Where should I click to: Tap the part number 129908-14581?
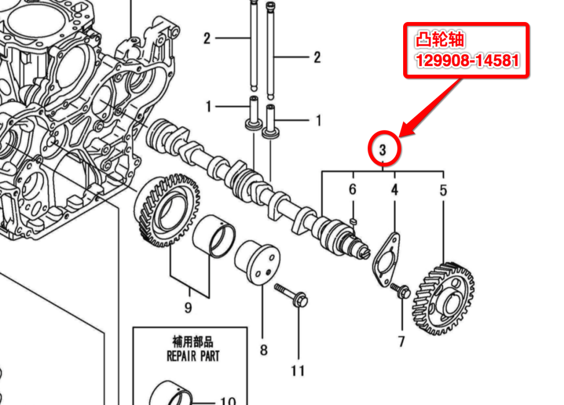pos(467,60)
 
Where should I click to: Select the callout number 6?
pos(352,190)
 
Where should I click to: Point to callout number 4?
pos(394,190)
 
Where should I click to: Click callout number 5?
pos(443,191)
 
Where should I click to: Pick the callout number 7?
pos(402,341)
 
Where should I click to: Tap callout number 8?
pos(263,349)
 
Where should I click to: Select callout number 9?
pos(188,307)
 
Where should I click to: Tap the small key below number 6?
pos(354,221)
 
